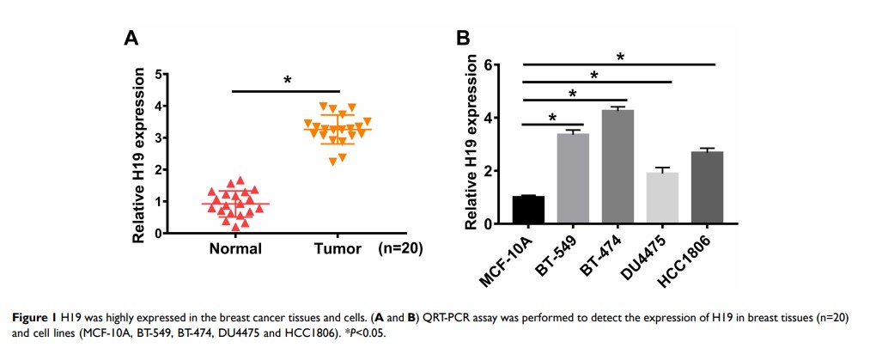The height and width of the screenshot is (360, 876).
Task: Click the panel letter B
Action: pyautogui.click(x=463, y=39)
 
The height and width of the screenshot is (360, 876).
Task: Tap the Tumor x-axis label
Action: pyautogui.click(x=338, y=248)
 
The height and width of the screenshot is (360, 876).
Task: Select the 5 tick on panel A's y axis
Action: pyautogui.click(x=158, y=75)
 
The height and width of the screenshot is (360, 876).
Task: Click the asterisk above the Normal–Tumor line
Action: pyautogui.click(x=288, y=81)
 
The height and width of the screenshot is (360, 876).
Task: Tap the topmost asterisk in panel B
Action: pyautogui.click(x=619, y=58)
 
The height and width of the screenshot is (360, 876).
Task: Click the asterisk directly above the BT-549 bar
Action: pyautogui.click(x=553, y=118)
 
